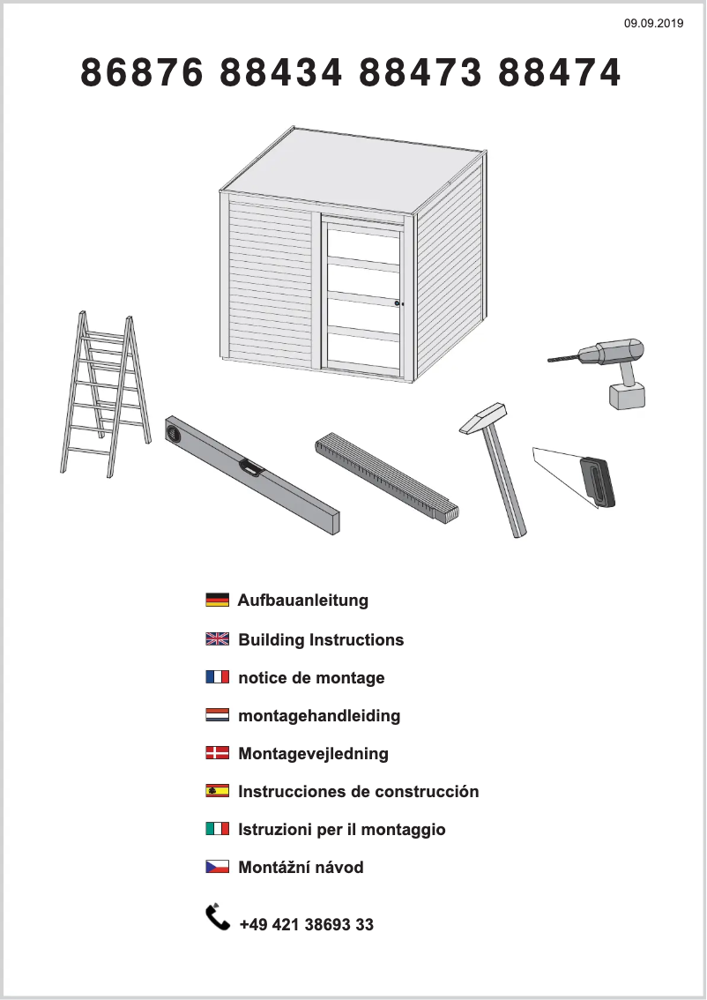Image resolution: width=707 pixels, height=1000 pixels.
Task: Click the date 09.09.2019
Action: (x=653, y=24)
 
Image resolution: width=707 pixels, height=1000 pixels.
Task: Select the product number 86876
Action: (x=142, y=72)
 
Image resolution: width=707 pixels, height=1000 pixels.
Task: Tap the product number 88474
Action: (x=559, y=72)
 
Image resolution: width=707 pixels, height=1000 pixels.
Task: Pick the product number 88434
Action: (x=281, y=72)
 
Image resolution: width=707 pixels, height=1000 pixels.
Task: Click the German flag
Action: (x=218, y=601)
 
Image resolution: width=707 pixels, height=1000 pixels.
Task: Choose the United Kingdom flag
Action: (x=218, y=639)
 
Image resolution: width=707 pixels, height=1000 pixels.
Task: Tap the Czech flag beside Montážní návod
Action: (x=218, y=867)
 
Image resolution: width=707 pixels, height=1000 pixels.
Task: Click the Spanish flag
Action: (x=218, y=791)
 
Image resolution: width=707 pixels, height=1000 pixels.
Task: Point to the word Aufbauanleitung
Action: (x=303, y=601)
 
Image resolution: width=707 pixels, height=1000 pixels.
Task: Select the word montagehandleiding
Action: (x=319, y=716)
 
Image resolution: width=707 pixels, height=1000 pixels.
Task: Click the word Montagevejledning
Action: (x=314, y=754)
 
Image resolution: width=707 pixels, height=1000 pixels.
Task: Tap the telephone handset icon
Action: (x=218, y=917)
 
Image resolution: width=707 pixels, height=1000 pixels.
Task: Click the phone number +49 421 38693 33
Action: (x=307, y=925)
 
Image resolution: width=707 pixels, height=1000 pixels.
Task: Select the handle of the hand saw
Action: (x=599, y=482)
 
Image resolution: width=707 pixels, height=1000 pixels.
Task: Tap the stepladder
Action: (x=105, y=394)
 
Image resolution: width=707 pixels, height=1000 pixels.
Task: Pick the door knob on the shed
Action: (x=398, y=303)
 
